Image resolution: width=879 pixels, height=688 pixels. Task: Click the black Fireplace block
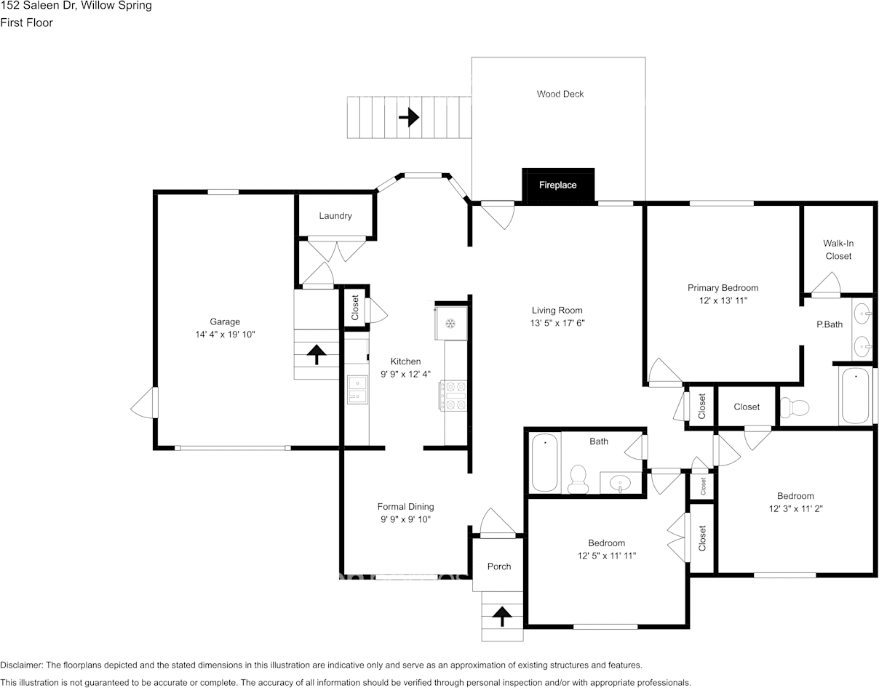558,185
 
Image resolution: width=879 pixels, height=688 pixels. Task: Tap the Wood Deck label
560,94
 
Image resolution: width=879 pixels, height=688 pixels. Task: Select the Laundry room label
335,215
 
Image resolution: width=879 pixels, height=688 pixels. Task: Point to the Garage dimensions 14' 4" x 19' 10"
225,335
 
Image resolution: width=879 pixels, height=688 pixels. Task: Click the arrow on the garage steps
317,354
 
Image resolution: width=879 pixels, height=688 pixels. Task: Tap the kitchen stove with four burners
453,396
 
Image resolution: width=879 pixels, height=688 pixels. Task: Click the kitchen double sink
357,390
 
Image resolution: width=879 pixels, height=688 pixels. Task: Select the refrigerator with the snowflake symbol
450,323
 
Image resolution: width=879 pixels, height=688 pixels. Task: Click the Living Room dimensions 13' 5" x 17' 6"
557,323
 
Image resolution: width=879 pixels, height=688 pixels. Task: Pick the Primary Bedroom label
723,288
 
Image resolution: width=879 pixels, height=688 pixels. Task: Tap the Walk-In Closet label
838,249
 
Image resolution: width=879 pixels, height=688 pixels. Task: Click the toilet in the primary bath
795,407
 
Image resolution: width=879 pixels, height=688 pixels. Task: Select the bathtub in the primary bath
855,396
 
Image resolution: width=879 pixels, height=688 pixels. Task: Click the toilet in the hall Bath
578,479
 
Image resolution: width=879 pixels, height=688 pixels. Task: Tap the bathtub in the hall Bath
544,463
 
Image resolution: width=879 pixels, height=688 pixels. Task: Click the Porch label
499,567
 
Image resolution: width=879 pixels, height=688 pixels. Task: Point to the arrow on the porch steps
502,617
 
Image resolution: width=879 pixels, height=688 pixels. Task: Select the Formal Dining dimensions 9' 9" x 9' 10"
405,519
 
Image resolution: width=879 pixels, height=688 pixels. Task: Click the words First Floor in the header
27,23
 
